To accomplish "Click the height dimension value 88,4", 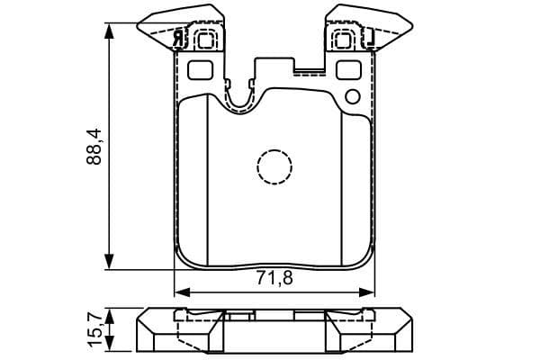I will click(93, 147).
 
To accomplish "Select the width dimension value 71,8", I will click(274, 277).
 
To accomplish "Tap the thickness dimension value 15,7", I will click(93, 329).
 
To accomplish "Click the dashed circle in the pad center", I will click(274, 165).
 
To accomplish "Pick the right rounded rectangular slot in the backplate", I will click(346, 69).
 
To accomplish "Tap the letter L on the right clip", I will click(368, 38).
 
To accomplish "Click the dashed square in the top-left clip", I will click(204, 39).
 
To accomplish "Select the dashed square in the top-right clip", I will click(343, 39).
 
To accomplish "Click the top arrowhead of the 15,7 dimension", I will click(110, 312).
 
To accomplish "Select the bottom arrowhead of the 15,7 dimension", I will click(110, 348).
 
